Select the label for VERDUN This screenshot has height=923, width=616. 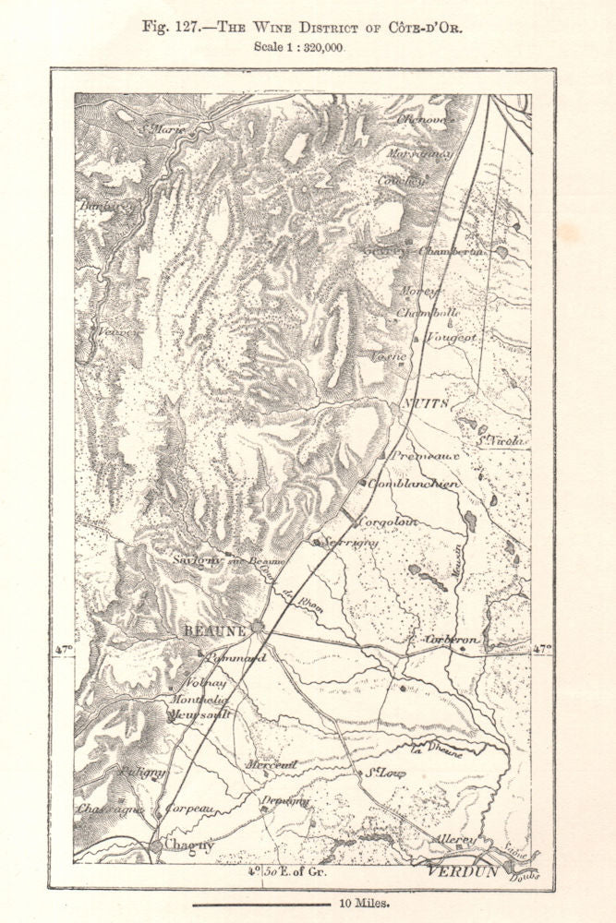(462, 870)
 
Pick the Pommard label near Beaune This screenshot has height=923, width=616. (236, 658)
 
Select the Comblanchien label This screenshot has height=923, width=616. (413, 483)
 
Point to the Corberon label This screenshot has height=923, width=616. (452, 639)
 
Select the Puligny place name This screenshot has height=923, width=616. (140, 770)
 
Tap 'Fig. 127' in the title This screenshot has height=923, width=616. (173, 27)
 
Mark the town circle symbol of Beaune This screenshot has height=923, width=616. (258, 627)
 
